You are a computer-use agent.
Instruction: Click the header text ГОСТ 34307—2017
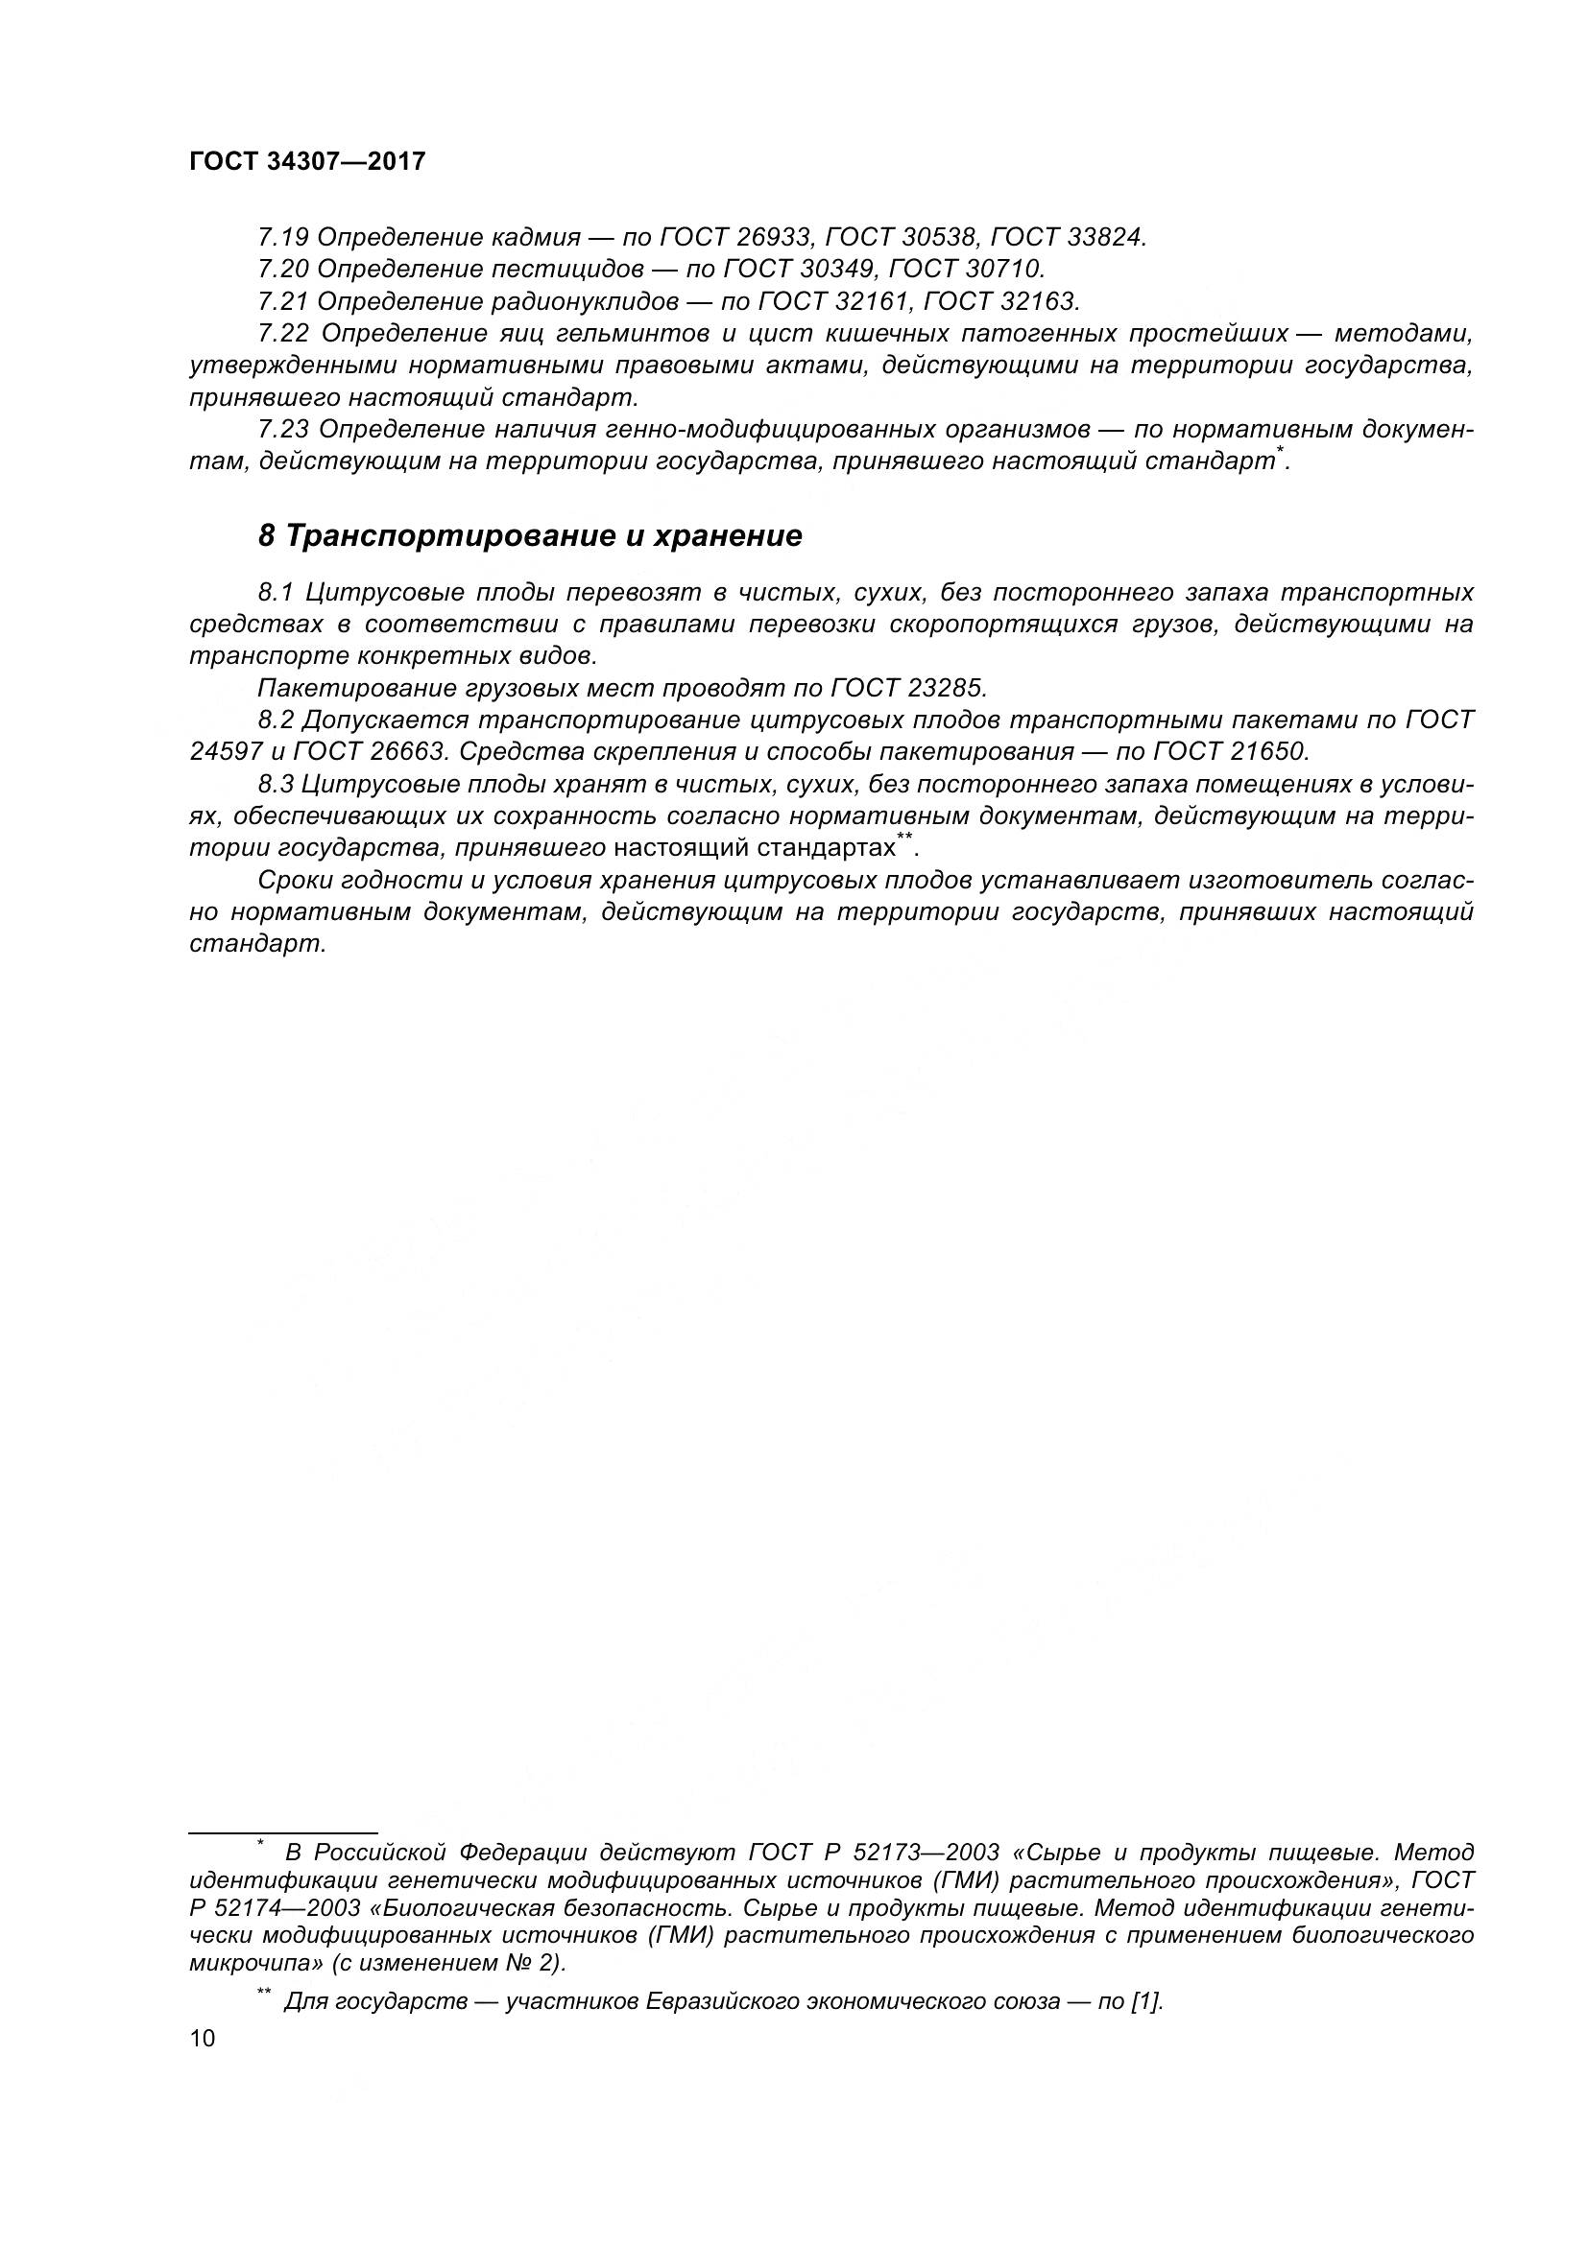307,162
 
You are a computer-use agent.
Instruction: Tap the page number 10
203,2038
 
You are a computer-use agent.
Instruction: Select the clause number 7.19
282,237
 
